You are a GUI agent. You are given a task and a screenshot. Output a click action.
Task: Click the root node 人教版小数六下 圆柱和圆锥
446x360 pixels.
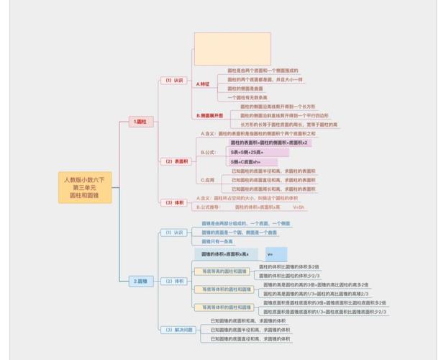coord(85,187)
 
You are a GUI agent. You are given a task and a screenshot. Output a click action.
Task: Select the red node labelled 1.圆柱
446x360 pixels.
coord(140,122)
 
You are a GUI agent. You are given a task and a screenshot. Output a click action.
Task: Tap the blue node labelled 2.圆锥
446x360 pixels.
coord(141,281)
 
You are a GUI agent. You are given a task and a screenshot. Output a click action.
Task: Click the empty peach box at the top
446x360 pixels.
coord(232,49)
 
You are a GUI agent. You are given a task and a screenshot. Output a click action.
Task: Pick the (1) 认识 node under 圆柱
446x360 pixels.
coord(173,81)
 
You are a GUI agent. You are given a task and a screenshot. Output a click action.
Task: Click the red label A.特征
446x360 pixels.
coord(203,84)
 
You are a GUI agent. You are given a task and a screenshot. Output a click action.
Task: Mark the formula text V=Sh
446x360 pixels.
coord(299,207)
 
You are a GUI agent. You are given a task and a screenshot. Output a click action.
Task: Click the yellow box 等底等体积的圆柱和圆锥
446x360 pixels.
coord(224,289)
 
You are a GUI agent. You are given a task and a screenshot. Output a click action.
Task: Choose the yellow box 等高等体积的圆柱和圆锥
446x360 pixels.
coord(224,307)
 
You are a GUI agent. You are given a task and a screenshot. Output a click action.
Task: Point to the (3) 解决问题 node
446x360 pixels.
coord(179,329)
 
